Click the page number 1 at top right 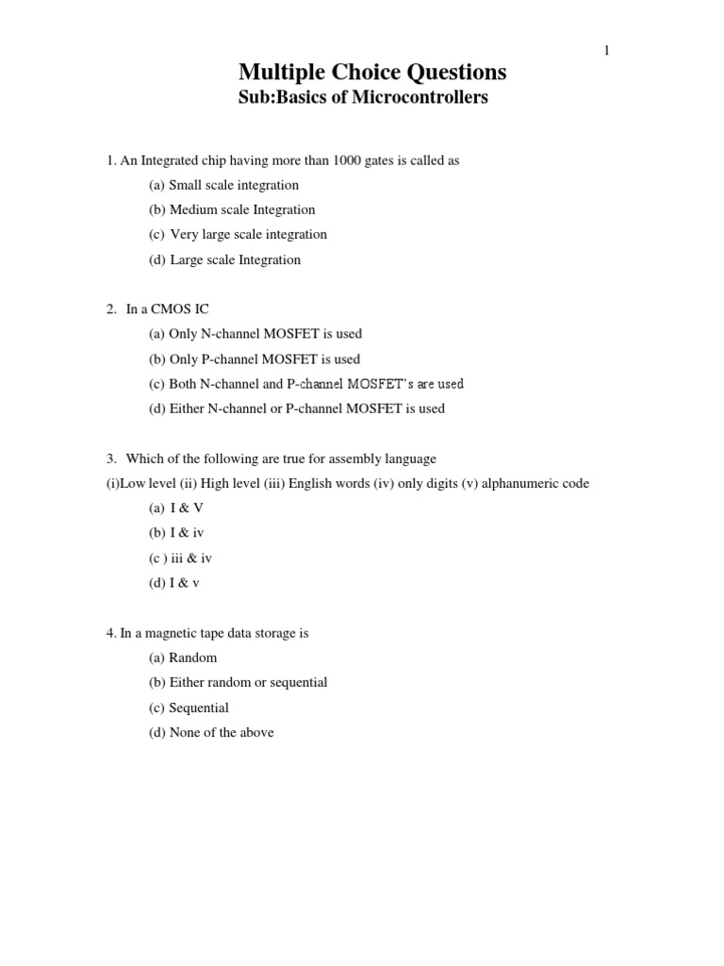click(607, 51)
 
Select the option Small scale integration click(233, 185)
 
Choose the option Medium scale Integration click(241, 209)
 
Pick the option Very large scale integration click(248, 234)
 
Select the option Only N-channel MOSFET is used click(265, 334)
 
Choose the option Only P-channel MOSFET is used click(264, 359)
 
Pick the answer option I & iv click(187, 533)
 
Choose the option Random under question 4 click(192, 658)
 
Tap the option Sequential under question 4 click(198, 708)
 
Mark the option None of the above click(222, 732)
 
